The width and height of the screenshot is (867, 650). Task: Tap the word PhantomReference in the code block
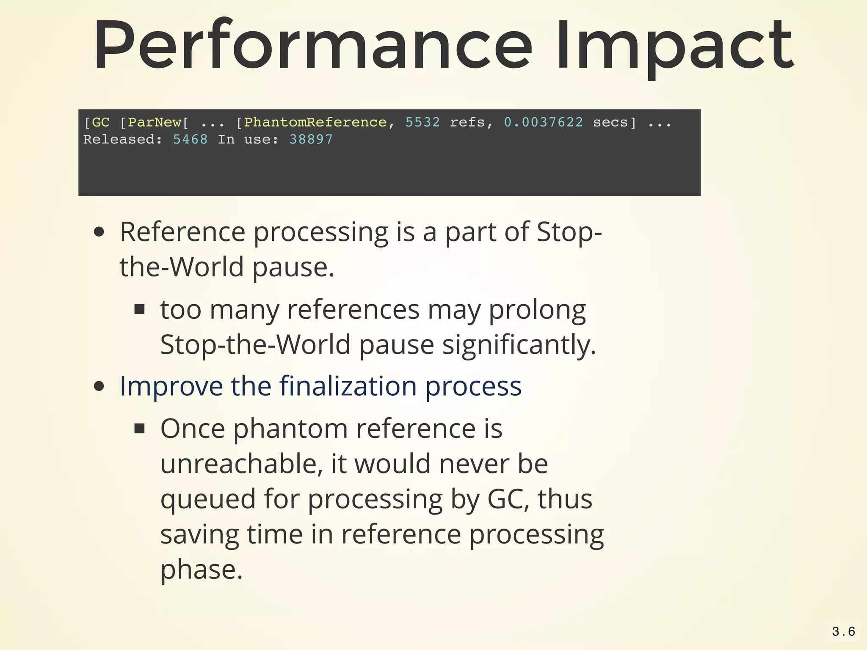[315, 122]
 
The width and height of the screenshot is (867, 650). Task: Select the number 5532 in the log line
[422, 122]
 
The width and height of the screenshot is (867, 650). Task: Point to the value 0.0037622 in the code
[543, 122]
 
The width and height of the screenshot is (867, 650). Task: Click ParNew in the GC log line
[155, 122]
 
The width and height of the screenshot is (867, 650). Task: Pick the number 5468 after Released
[191, 139]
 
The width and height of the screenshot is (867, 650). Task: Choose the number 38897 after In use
[311, 139]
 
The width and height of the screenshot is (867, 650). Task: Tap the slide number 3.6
[843, 632]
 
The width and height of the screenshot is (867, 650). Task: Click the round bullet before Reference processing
[99, 232]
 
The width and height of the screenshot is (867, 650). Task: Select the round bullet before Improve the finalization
[99, 386]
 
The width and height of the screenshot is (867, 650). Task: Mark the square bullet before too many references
[140, 310]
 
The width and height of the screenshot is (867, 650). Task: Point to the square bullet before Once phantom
[140, 429]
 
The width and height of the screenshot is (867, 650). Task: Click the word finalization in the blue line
[348, 386]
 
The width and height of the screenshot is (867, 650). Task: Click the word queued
[208, 499]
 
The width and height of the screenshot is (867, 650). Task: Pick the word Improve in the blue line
[171, 386]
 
